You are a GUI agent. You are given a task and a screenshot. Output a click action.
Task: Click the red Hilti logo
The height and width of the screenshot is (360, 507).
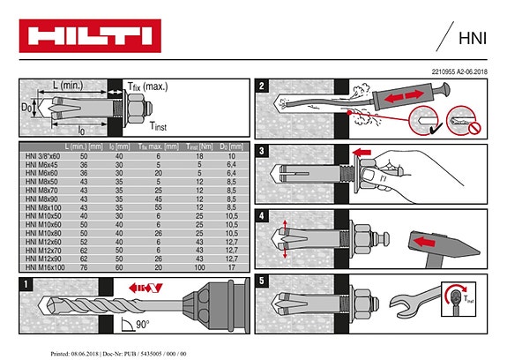[x=88, y=38]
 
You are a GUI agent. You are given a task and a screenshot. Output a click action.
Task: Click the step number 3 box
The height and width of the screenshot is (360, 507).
[x=263, y=151]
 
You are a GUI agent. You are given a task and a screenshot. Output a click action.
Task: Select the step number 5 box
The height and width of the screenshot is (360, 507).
[x=263, y=281]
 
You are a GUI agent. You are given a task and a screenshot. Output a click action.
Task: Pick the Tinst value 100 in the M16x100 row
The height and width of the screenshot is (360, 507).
[x=200, y=266]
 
